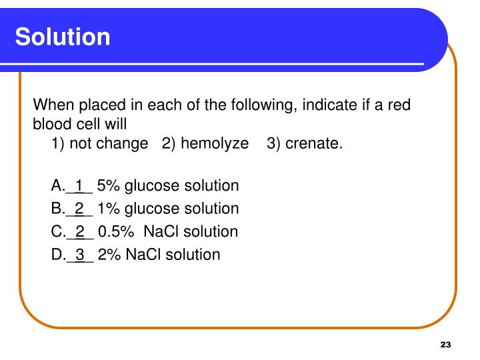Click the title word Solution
(63, 37)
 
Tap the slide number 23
(446, 344)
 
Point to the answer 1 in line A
(79, 185)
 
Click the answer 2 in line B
(79, 209)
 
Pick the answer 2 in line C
(80, 231)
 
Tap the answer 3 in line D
(80, 254)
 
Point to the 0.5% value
(115, 231)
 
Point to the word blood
(53, 123)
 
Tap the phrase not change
(109, 144)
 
